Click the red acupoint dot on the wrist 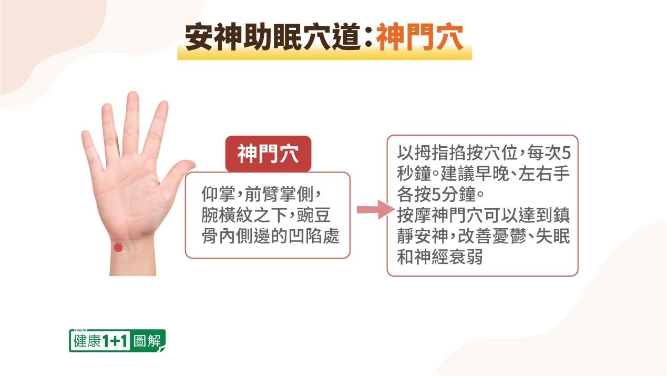118,247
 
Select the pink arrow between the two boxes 376,209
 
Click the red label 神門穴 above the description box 268,154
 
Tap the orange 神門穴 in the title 419,37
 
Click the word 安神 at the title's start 213,37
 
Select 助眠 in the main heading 272,37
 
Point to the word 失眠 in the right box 552,236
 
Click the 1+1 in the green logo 115,341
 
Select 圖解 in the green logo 147,341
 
